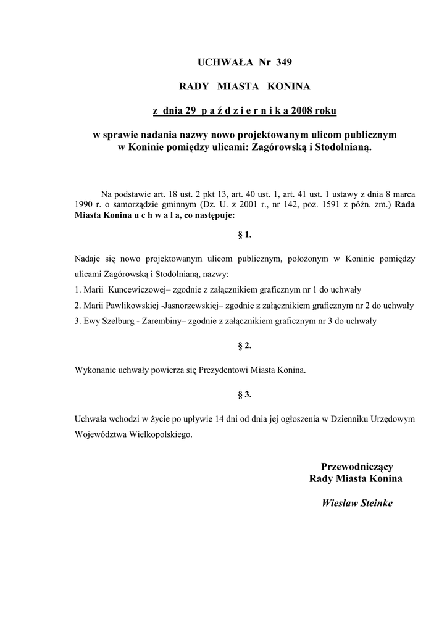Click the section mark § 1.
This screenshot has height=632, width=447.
[244, 235]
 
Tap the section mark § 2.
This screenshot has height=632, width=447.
[244, 346]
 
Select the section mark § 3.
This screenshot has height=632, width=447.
[244, 394]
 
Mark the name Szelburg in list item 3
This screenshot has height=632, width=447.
[116, 321]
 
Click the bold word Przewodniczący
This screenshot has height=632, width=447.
[357, 466]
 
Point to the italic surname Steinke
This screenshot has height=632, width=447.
[374, 503]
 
